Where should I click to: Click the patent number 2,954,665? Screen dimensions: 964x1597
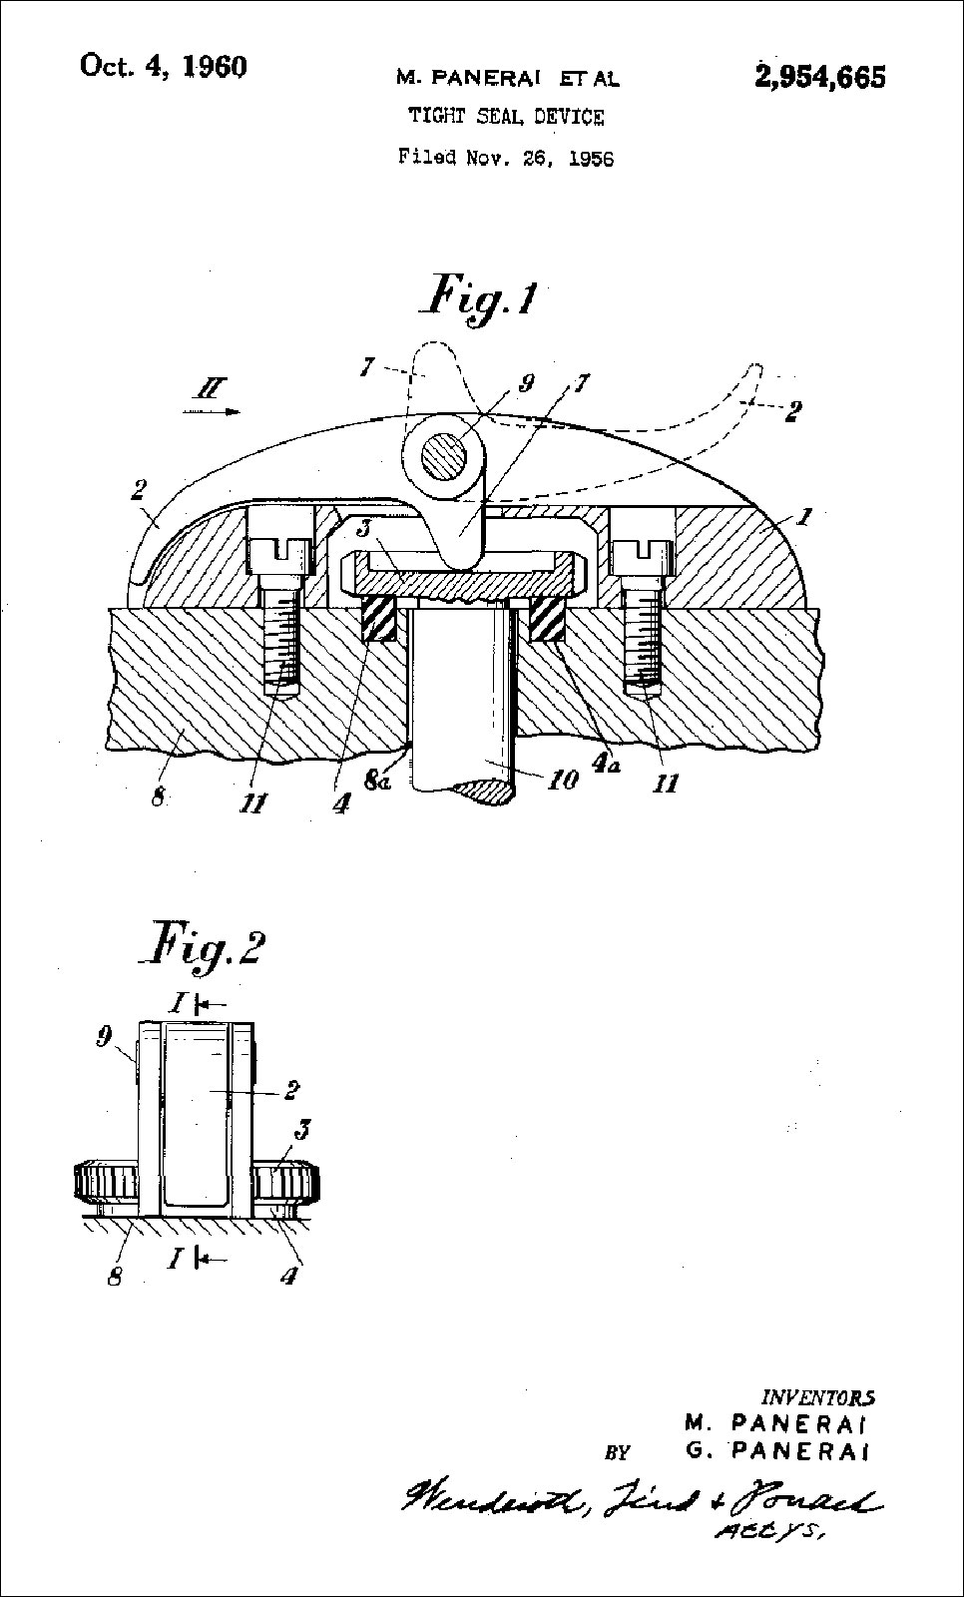(820, 77)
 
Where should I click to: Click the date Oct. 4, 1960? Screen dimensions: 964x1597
(163, 67)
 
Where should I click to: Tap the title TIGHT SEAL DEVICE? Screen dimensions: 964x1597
(506, 117)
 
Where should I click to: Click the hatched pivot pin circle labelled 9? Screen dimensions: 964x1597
(443, 459)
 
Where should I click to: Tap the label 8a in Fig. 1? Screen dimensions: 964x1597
(378, 782)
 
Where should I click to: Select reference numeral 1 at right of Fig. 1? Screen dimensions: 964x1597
(804, 517)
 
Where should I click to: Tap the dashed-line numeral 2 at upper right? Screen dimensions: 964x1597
(791, 410)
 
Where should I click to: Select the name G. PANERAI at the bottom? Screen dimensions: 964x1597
(776, 1450)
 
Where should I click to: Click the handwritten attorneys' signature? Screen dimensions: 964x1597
(639, 1498)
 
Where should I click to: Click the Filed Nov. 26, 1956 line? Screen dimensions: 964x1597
(506, 157)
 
